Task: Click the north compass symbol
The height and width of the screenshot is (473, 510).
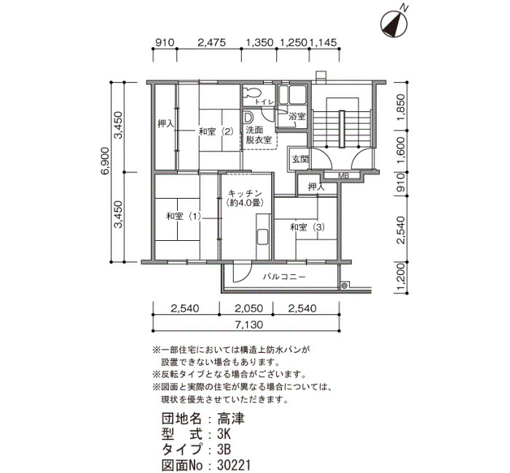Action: click(x=393, y=23)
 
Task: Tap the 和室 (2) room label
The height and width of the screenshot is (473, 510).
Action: click(x=216, y=132)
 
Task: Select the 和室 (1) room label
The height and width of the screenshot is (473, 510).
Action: click(x=184, y=216)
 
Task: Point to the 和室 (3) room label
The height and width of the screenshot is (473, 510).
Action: click(x=307, y=227)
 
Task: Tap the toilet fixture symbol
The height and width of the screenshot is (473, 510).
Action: click(x=252, y=92)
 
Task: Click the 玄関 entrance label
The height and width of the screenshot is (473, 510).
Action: click(x=300, y=160)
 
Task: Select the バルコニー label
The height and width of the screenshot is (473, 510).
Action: click(x=284, y=277)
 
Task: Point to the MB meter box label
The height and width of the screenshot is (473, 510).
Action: click(x=343, y=176)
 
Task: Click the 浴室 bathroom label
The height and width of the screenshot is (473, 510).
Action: click(x=297, y=116)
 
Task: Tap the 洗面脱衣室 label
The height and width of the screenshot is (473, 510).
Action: click(x=259, y=135)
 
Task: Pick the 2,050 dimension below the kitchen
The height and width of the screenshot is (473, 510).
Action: click(x=248, y=308)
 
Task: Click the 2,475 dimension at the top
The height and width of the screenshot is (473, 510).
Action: click(x=211, y=42)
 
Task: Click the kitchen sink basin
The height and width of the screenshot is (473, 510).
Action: click(x=262, y=236)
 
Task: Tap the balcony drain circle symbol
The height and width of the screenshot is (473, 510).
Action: click(x=343, y=286)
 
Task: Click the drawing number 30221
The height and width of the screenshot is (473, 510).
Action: click(x=234, y=465)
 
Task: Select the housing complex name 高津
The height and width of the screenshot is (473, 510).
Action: click(x=231, y=419)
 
